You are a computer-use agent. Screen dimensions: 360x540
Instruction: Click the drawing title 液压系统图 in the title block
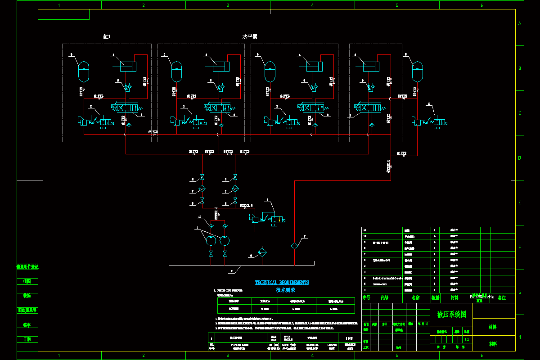click(455, 314)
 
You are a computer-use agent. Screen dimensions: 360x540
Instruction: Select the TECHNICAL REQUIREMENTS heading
click(282, 283)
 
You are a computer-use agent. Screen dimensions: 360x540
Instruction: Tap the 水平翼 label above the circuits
click(250, 37)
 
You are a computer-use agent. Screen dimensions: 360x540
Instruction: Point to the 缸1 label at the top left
click(107, 36)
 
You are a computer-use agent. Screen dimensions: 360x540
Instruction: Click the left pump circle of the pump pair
click(211, 240)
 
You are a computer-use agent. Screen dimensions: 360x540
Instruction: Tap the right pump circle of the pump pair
click(225, 240)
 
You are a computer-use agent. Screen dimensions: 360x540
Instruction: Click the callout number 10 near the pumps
click(200, 218)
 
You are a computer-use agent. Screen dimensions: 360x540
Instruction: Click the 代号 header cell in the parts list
click(384, 298)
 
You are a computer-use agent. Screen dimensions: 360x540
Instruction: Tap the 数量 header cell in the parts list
click(435, 298)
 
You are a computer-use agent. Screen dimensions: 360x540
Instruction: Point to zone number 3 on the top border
click(228, 5)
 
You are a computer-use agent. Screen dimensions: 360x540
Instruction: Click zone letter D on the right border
click(520, 158)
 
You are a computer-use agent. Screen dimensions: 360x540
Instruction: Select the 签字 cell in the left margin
click(27, 325)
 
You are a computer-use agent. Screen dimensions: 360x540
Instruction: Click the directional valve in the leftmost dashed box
click(127, 108)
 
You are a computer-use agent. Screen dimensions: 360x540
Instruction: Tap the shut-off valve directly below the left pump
click(211, 254)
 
